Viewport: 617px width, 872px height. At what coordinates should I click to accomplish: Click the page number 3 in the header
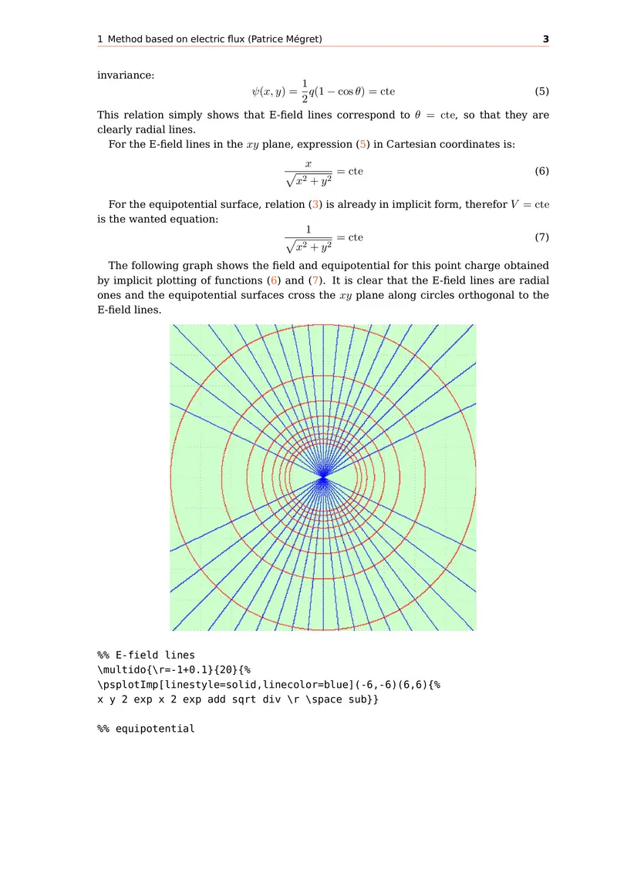pos(545,39)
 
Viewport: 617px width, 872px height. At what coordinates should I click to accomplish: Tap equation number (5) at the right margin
pos(541,91)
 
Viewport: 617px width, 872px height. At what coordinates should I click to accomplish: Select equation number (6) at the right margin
pos(541,171)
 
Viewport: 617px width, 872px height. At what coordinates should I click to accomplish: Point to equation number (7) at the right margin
pos(541,236)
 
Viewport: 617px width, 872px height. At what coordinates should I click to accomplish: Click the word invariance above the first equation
pos(126,75)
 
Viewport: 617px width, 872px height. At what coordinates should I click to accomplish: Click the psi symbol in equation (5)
pos(257,91)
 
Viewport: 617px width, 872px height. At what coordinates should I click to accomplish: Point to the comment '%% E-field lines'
pos(146,656)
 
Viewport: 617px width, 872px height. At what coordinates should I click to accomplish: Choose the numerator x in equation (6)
pos(308,163)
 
